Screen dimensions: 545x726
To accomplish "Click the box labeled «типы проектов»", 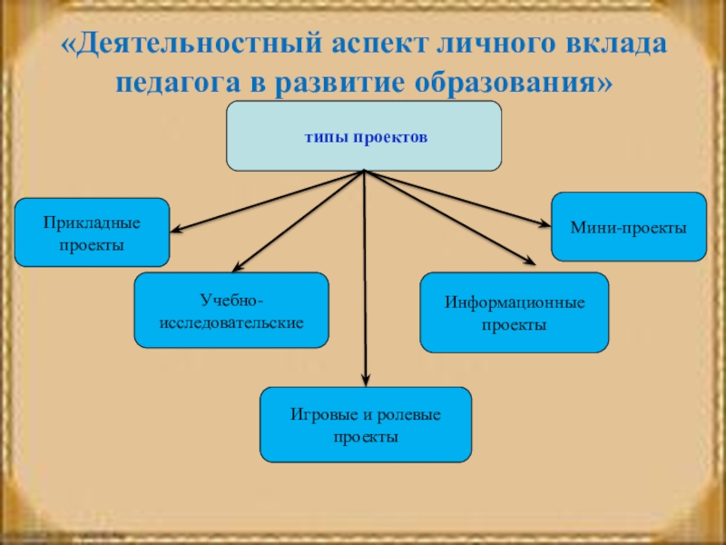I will pyautogui.click(x=363, y=136).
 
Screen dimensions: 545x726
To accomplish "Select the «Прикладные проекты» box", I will pyautogui.click(x=92, y=232).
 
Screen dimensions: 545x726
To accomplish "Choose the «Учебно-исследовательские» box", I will pyautogui.click(x=231, y=311).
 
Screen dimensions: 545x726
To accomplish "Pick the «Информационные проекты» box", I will pyautogui.click(x=514, y=312).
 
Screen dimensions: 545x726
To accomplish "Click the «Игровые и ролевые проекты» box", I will pyautogui.click(x=365, y=424).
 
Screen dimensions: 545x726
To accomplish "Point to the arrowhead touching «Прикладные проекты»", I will pyautogui.click(x=176, y=231).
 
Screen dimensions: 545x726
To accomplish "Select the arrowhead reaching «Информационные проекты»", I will pyautogui.click(x=531, y=265).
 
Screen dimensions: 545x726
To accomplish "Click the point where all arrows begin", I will pyautogui.click(x=364, y=172).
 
